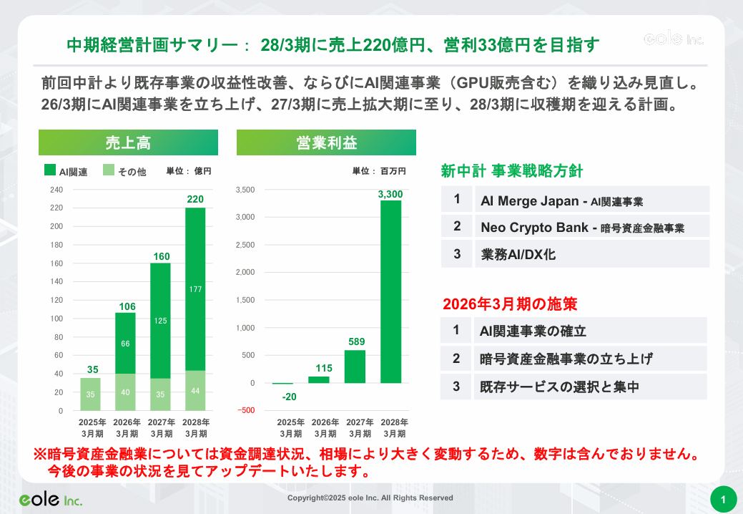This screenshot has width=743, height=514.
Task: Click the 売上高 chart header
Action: (x=128, y=142)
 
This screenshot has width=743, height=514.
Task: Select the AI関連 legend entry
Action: (x=66, y=171)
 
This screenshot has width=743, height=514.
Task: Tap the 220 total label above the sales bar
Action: (x=195, y=199)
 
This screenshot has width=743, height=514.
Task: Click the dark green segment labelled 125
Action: (x=160, y=320)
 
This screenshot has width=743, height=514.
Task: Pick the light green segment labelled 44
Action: (x=195, y=391)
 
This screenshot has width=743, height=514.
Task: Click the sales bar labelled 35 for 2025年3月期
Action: (x=90, y=394)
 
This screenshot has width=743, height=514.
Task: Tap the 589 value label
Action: (x=357, y=341)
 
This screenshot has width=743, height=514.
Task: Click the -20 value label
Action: (x=290, y=397)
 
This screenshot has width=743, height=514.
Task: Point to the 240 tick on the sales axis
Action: (x=56, y=190)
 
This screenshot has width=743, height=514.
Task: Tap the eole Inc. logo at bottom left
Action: (x=51, y=499)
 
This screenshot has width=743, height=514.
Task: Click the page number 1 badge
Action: (x=724, y=499)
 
